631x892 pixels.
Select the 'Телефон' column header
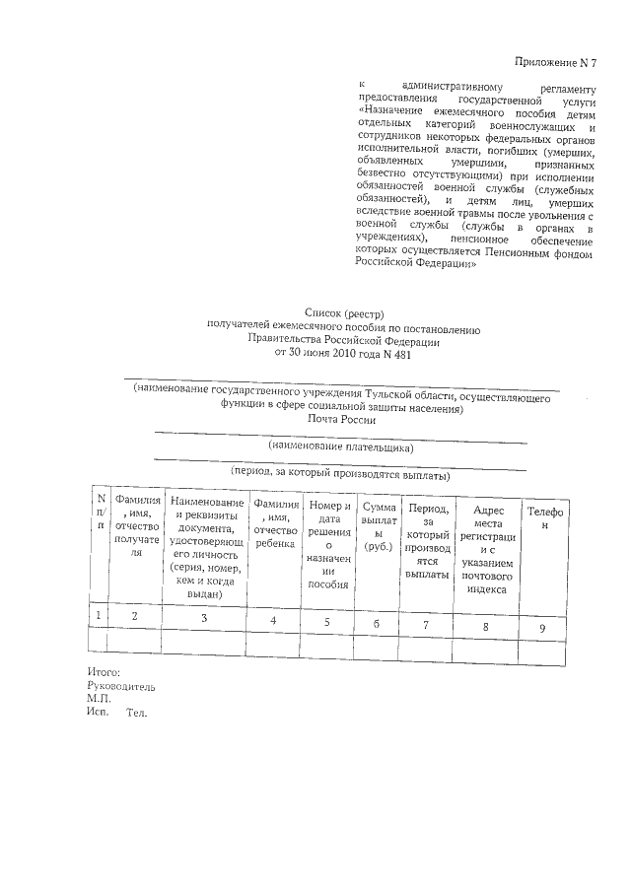(544, 519)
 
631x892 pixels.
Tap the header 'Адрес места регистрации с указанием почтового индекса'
(489, 548)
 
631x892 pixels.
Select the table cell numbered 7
(427, 622)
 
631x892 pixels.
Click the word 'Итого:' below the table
(104, 671)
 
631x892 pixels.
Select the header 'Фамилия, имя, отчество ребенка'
(276, 524)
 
